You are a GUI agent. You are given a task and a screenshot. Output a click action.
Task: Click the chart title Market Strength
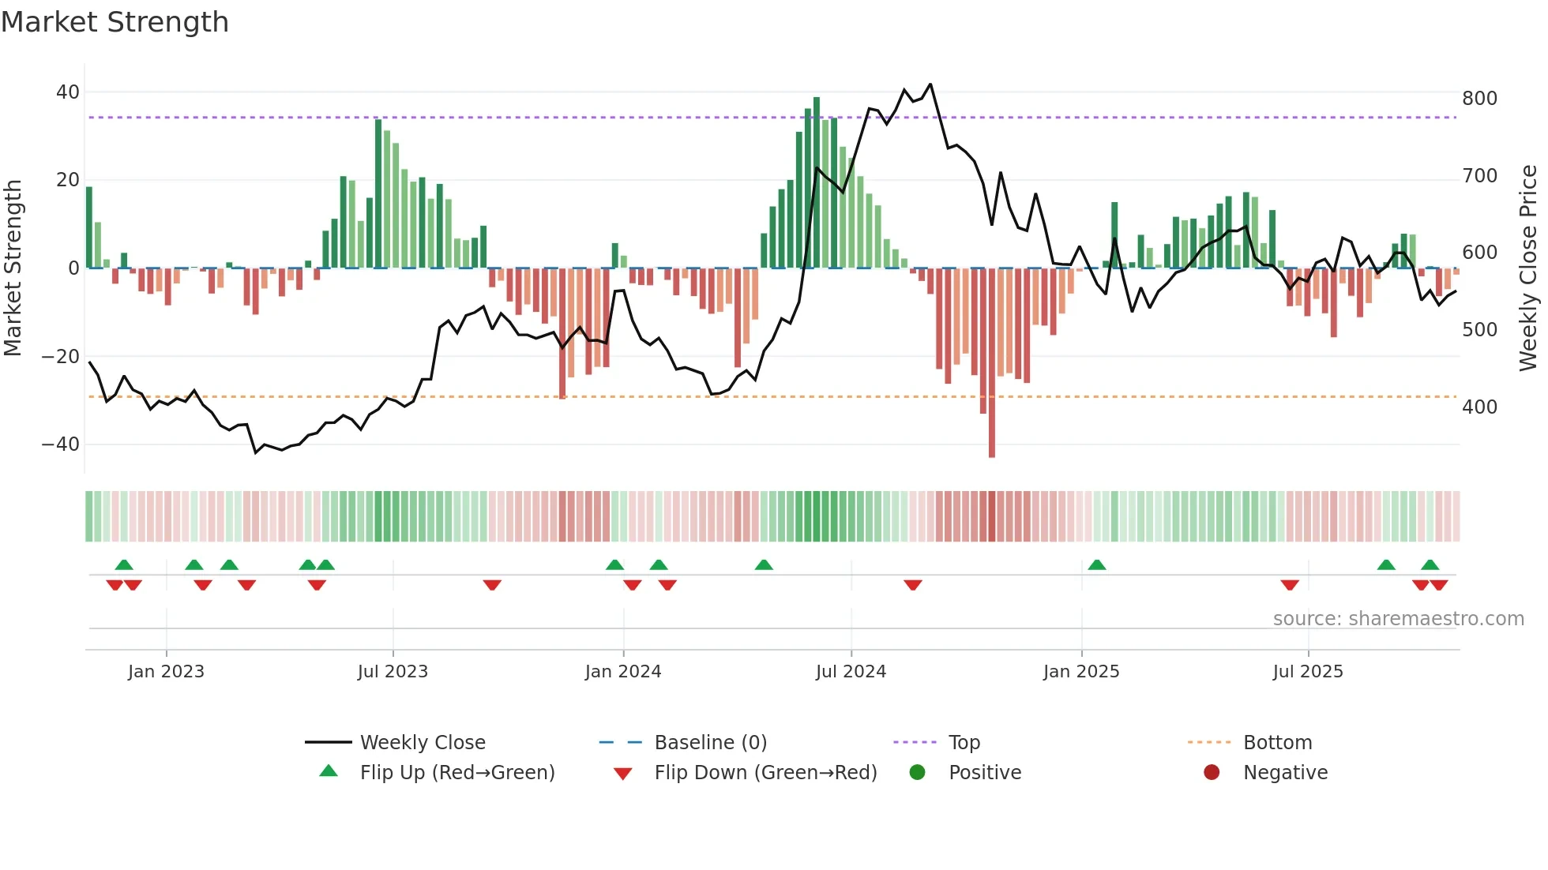pyautogui.click(x=115, y=22)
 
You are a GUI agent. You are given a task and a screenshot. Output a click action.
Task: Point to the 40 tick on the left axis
pyautogui.click(x=68, y=92)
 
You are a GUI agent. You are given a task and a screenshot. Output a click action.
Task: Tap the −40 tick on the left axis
pyautogui.click(x=61, y=444)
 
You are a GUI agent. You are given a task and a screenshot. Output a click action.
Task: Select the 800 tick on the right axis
pyautogui.click(x=1479, y=99)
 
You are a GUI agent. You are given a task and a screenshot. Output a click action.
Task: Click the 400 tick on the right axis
pyautogui.click(x=1479, y=407)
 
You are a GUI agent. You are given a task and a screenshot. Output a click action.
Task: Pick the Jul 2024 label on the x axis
pyautogui.click(x=851, y=672)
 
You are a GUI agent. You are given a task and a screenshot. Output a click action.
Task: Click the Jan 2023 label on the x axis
pyautogui.click(x=166, y=672)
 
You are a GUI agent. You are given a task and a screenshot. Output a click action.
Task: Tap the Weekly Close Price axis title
pyautogui.click(x=1528, y=268)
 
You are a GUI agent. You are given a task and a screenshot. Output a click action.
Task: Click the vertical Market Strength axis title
pyautogui.click(x=13, y=268)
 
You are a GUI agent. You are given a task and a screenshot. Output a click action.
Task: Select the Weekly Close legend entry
pyautogui.click(x=422, y=743)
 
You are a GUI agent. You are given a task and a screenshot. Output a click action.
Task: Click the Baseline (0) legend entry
pyautogui.click(x=710, y=743)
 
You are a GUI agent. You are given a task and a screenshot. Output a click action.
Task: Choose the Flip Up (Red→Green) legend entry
pyautogui.click(x=457, y=773)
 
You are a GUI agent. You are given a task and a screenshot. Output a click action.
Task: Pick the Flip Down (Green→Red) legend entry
pyautogui.click(x=765, y=773)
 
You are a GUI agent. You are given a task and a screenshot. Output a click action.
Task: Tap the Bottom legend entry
pyautogui.click(x=1276, y=743)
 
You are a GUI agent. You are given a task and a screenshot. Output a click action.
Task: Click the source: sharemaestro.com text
pyautogui.click(x=1398, y=619)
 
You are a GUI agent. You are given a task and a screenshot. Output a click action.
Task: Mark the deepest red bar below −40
pyautogui.click(x=992, y=442)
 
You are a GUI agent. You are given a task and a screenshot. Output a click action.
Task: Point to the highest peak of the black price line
pyautogui.click(x=930, y=84)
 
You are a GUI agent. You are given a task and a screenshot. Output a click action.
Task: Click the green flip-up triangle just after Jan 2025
pyautogui.click(x=1096, y=564)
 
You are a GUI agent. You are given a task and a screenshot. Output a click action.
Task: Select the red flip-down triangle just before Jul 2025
pyautogui.click(x=1290, y=585)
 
